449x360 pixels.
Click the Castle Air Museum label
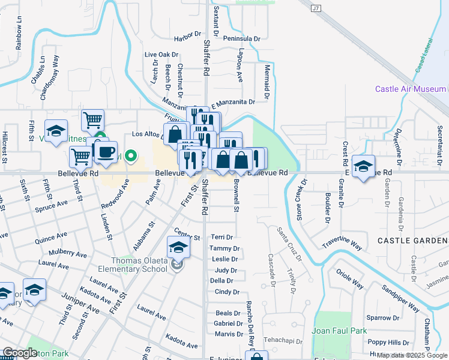tap(411, 89)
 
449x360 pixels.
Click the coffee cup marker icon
tap(106, 153)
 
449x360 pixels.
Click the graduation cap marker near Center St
tap(178, 247)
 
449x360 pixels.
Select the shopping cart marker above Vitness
tap(93, 120)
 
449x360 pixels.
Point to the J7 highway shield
tap(316, 8)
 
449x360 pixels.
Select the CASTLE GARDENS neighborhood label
tap(412, 241)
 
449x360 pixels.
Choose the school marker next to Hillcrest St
tap(56, 132)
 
